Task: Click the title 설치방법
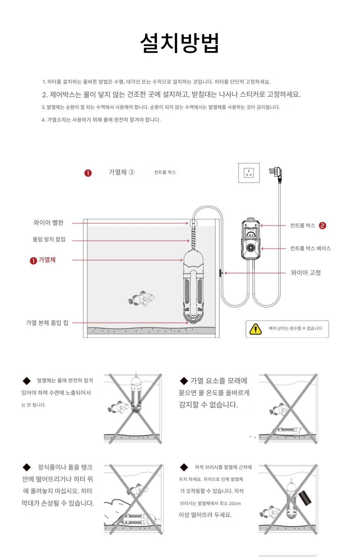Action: coord(180,43)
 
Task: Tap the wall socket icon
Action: coord(249,173)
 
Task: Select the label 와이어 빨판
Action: coord(48,223)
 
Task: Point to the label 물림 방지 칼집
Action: coord(49,239)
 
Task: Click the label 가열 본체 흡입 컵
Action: coord(47,323)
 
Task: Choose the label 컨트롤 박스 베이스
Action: coord(311,248)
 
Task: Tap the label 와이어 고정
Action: coord(306,273)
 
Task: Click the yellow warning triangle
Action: coord(255,329)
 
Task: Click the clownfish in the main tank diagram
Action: coord(142,298)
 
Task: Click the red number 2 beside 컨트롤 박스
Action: coord(323,226)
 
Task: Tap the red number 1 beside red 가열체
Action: coord(33,261)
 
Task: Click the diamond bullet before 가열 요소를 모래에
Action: coord(184,381)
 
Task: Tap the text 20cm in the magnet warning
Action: coord(235,503)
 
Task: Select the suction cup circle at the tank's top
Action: coord(193,223)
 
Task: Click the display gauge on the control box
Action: coord(251,235)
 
